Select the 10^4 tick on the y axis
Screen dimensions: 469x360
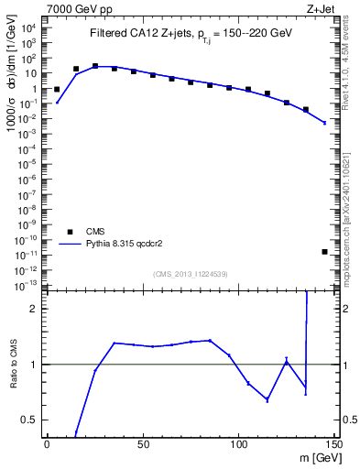click(x=29, y=28)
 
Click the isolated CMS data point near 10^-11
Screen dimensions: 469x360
click(x=325, y=251)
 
